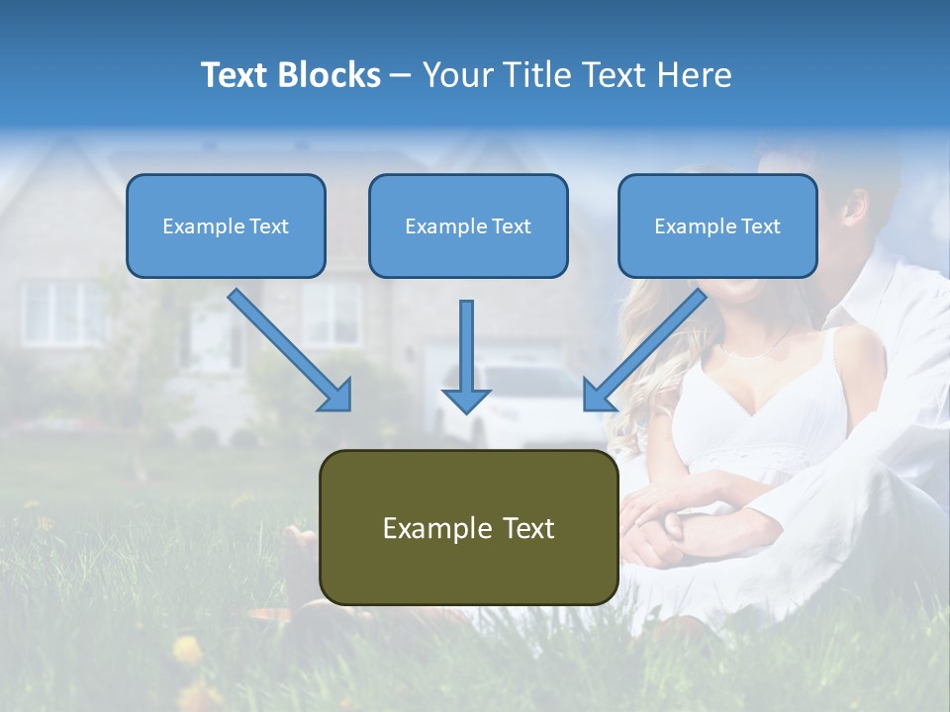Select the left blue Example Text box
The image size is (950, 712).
[226, 225]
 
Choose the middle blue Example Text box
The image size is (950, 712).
[468, 225]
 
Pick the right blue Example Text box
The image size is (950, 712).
[717, 225]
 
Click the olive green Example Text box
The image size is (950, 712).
[468, 527]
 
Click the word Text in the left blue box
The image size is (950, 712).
[269, 226]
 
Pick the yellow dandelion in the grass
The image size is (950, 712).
[187, 650]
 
